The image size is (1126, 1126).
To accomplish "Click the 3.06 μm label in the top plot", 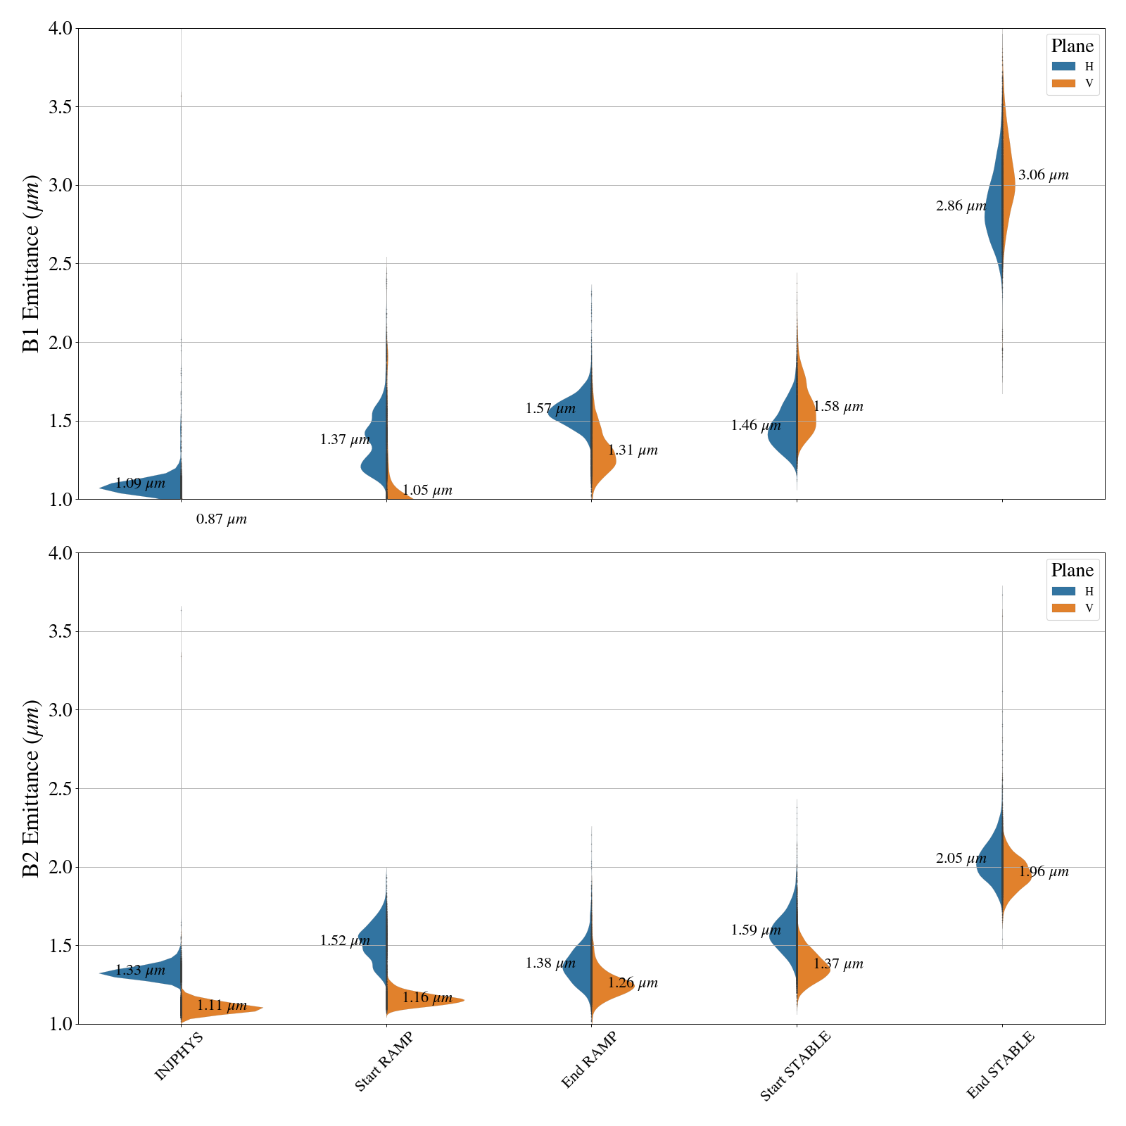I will click(1043, 175).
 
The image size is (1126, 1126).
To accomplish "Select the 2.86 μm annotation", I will click(961, 206).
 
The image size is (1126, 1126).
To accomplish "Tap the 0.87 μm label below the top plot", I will click(222, 519).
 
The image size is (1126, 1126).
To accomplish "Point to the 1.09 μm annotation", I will click(140, 483).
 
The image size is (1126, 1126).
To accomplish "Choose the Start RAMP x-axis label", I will click(384, 1062).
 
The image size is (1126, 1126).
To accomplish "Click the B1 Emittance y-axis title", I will click(32, 263).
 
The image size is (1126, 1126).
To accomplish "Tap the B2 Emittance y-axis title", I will click(32, 788).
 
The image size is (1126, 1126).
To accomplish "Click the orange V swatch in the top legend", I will click(1063, 83).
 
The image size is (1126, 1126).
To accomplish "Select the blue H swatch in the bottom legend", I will click(1063, 591).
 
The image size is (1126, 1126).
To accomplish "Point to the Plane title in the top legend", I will click(1072, 46).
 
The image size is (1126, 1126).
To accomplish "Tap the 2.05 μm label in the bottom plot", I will click(961, 859).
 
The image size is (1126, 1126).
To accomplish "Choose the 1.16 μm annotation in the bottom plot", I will click(427, 998).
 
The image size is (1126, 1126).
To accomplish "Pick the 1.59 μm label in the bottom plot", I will click(756, 930).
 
